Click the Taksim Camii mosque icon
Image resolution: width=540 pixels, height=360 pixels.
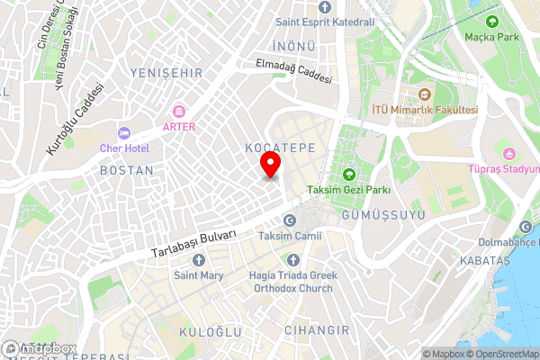coord(289,220)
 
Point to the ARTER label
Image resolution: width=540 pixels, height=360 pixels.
coord(178,127)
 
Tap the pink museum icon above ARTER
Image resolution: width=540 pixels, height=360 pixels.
coord(178,111)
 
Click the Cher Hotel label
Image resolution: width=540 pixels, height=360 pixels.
coord(124,148)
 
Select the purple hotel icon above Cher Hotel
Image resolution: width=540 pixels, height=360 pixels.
coord(125,131)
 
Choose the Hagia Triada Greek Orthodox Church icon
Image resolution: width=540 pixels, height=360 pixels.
coord(291,260)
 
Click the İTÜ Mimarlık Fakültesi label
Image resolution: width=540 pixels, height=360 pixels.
coord(425,110)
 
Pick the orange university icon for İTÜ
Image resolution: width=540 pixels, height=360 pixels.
coord(425,94)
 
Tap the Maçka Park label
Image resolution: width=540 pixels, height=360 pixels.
coord(492,37)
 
